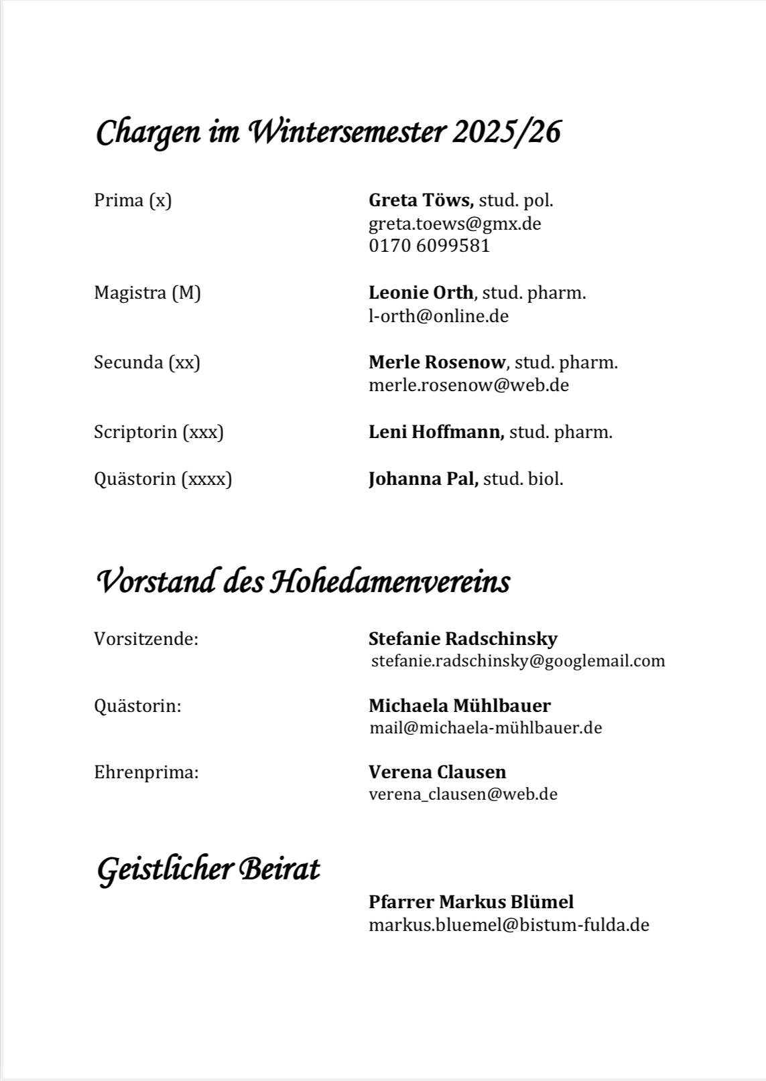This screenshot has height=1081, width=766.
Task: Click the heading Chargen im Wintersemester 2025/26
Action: point(328,133)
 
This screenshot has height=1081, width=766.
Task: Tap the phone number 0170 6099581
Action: point(429,246)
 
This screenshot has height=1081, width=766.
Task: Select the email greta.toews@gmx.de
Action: point(454,223)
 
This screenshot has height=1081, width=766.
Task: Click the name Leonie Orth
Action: point(421,293)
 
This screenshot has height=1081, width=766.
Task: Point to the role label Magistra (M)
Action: point(147,293)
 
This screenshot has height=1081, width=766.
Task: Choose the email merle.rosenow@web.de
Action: point(468,385)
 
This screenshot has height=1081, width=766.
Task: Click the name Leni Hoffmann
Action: point(436,432)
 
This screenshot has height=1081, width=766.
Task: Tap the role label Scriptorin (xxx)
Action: point(159,432)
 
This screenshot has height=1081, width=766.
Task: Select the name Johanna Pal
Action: point(423,479)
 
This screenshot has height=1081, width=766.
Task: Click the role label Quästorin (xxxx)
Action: point(163,479)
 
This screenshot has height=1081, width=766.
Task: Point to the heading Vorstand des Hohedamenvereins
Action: point(304,581)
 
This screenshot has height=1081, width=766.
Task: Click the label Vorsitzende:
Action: point(146,639)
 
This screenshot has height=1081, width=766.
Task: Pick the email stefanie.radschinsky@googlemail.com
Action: point(518,661)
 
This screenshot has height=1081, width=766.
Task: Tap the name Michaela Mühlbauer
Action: point(460,705)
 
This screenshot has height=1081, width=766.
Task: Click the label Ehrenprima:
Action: point(146,772)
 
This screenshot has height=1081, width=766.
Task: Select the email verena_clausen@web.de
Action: point(463,794)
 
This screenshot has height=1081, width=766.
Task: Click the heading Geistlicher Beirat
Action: point(208,869)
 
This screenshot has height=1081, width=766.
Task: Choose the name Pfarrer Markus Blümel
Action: point(471,902)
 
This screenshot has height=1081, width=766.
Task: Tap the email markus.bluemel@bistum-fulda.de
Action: point(509,925)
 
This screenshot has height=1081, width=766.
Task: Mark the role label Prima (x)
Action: point(133,200)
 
